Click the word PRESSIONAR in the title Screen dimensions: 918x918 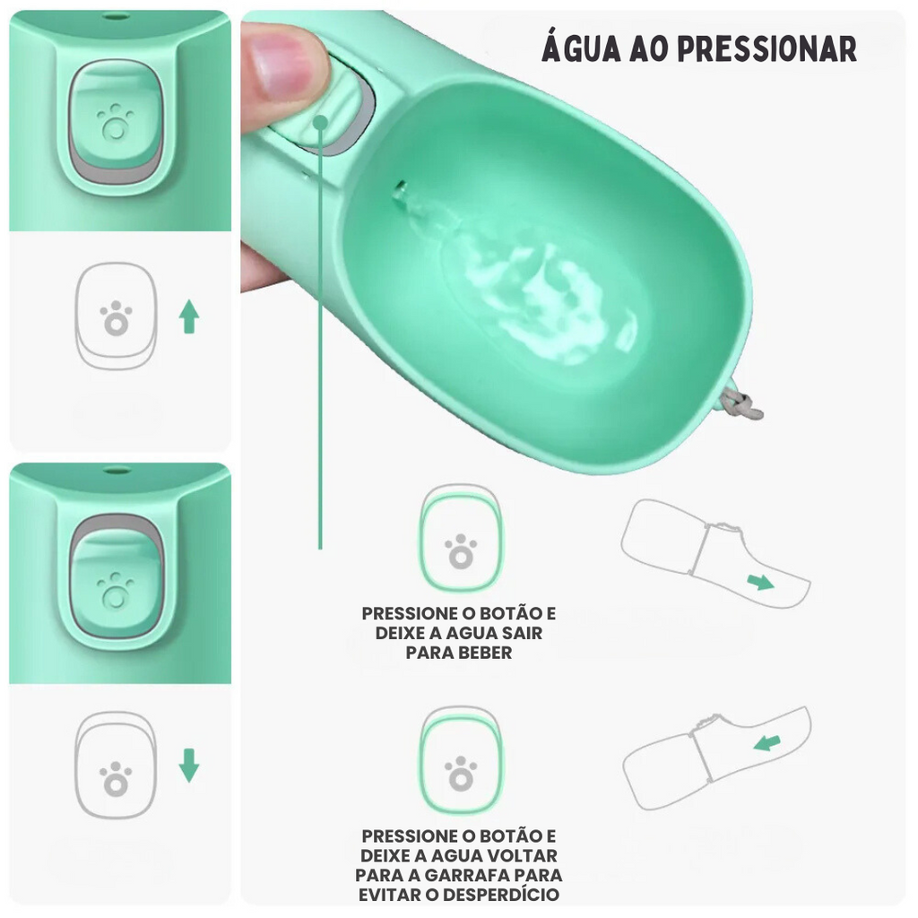767,49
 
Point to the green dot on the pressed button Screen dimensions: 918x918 320,122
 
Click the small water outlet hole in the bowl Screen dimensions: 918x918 401,188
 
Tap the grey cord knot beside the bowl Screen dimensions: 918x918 740,404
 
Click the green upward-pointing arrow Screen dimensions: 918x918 189,316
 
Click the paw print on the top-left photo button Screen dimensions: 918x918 116,123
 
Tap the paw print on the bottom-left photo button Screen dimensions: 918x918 116,590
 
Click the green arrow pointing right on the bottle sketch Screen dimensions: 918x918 760,582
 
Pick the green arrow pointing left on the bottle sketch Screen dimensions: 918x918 767,743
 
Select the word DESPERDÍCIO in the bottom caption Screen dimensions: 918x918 501,896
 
